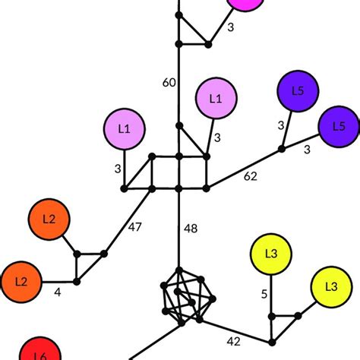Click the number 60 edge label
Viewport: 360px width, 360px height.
pyautogui.click(x=169, y=83)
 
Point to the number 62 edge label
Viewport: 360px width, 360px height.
pyautogui.click(x=250, y=178)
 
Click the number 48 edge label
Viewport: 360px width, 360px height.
pyautogui.click(x=191, y=228)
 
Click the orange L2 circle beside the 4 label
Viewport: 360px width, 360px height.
pyautogui.click(x=21, y=281)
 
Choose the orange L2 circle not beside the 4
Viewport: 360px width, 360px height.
pyautogui.click(x=49, y=219)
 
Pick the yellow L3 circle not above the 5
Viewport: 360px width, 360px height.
pyautogui.click(x=330, y=287)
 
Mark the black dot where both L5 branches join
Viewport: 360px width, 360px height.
pyautogui.click(x=282, y=149)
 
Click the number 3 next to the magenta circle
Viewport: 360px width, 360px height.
pyautogui.click(x=231, y=27)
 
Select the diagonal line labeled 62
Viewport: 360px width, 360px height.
pyautogui.click(x=243, y=167)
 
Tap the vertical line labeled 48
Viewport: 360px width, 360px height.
pyautogui.click(x=179, y=228)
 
